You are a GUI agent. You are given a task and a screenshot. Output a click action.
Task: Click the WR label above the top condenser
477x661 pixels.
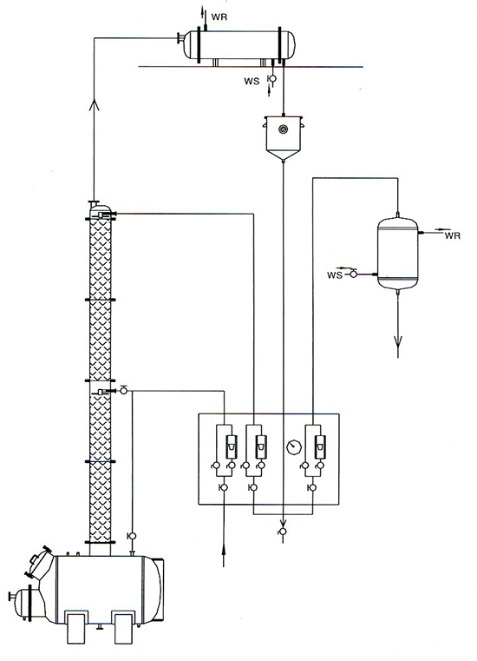(219, 17)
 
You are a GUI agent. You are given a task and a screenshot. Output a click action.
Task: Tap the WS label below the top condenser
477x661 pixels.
(252, 81)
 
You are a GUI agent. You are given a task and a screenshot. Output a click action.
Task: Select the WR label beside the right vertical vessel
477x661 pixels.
(452, 236)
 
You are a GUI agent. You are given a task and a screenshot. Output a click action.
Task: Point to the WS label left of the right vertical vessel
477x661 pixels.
(335, 275)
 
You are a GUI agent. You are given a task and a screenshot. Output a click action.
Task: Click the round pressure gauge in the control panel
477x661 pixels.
(293, 446)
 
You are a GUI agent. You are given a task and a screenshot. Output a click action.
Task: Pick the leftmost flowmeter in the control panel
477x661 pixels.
(232, 446)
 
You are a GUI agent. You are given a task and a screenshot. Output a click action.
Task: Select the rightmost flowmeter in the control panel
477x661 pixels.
(320, 446)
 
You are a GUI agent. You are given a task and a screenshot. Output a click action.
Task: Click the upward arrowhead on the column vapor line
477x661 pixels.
(94, 104)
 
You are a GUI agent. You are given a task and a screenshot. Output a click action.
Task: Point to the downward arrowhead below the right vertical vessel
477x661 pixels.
(398, 340)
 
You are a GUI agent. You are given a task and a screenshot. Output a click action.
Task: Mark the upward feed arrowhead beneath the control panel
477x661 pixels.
(224, 547)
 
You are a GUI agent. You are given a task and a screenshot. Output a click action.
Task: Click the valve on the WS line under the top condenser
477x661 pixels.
(272, 79)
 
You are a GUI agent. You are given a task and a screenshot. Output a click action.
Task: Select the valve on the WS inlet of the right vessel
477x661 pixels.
(353, 274)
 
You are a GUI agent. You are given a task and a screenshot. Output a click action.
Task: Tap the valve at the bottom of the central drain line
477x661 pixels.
(283, 532)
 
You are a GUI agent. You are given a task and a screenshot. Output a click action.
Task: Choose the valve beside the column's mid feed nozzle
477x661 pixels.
(124, 391)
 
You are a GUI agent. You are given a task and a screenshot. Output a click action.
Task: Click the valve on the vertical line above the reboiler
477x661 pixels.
(132, 536)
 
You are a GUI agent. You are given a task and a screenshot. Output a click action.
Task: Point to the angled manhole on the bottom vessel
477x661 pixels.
(39, 561)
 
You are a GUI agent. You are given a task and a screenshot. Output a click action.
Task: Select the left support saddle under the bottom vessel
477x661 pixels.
(76, 627)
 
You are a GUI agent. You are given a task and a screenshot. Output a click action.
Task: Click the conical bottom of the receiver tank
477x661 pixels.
(284, 155)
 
